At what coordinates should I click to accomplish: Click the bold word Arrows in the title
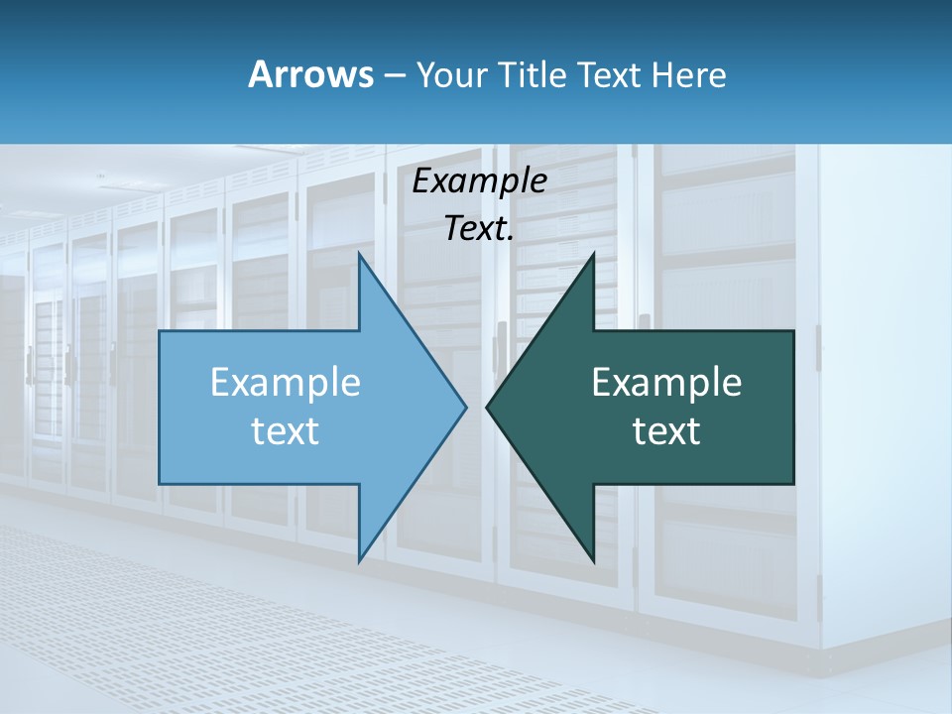[311, 74]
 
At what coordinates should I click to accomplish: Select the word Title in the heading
[535, 74]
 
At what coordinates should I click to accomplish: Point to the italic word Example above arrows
[479, 181]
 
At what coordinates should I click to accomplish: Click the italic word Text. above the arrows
[479, 229]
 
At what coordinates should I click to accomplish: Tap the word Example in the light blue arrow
[286, 383]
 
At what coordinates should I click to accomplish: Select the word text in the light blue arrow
[286, 431]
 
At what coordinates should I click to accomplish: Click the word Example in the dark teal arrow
[666, 383]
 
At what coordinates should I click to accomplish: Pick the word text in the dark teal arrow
[666, 431]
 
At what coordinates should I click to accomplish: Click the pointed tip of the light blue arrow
[466, 407]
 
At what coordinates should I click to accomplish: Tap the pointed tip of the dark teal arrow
[487, 407]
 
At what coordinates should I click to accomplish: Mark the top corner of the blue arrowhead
[359, 254]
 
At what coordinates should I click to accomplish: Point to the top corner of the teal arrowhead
[593, 254]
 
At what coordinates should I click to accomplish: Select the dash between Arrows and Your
[394, 76]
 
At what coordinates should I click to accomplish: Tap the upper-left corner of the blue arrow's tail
[160, 331]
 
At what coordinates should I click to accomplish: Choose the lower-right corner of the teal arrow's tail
[793, 483]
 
